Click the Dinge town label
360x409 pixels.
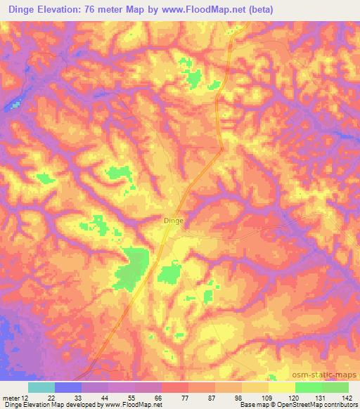click(173, 220)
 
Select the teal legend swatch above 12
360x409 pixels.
click(41, 387)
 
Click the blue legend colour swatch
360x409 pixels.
click(68, 387)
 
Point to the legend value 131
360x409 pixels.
click(320, 397)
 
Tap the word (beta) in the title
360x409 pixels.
click(258, 10)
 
